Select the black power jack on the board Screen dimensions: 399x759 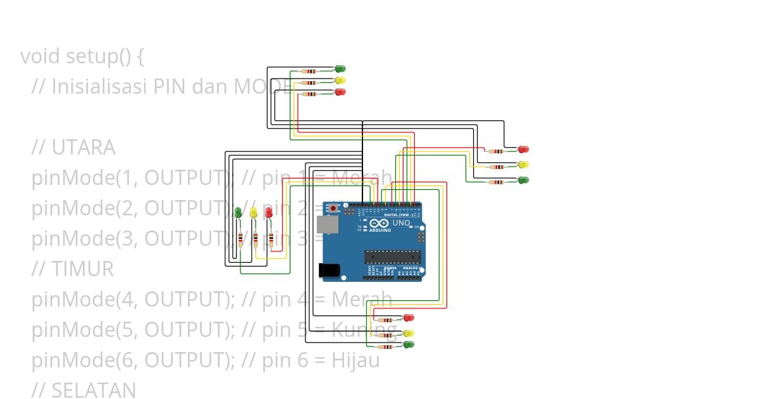[330, 270]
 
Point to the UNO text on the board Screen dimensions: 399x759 [401, 223]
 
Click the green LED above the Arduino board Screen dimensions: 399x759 [340, 68]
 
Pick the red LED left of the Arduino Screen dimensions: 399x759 [269, 213]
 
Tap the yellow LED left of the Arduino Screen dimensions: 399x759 [253, 213]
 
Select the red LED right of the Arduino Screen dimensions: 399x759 [523, 149]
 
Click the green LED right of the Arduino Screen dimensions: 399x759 [523, 180]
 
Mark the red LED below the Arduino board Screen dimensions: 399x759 [409, 317]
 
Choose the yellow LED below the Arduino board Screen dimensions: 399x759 [409, 332]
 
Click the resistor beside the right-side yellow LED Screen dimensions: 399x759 [498, 167]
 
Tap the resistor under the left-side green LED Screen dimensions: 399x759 [240, 239]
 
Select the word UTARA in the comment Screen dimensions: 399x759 [83, 148]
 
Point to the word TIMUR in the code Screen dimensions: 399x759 [82, 269]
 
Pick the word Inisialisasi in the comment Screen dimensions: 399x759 [99, 87]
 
